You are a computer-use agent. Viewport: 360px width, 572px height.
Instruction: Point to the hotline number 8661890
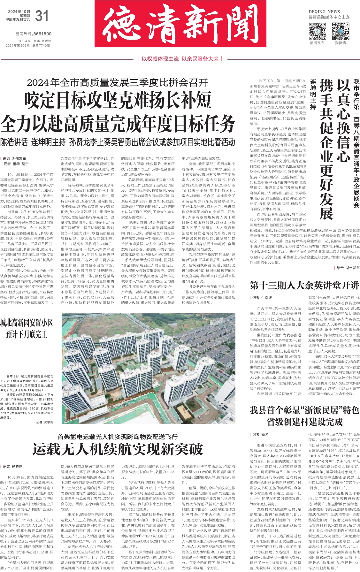42,34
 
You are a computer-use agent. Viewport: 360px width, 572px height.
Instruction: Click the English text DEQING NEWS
324,11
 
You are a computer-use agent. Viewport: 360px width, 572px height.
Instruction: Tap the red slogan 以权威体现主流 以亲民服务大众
180,59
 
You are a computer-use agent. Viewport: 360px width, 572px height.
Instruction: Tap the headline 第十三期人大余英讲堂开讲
304,285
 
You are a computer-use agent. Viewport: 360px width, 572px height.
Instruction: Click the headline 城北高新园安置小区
27,323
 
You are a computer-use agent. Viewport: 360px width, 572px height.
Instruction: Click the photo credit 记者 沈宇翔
45,422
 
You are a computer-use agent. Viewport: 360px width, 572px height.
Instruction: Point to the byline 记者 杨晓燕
13,467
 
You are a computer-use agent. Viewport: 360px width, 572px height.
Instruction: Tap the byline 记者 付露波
262,298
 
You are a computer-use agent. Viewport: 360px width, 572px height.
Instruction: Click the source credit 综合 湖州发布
348,268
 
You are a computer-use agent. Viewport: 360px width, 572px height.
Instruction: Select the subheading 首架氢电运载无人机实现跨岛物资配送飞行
118,437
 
